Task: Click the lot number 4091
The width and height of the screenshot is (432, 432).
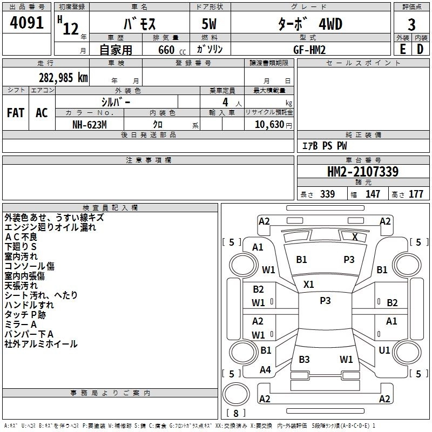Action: tap(27, 23)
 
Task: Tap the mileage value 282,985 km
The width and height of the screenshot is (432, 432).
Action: tap(63, 78)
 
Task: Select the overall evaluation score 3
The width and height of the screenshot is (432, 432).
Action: tap(411, 25)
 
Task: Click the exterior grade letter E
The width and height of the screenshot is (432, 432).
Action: tap(402, 49)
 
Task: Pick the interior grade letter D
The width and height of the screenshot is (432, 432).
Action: tap(420, 49)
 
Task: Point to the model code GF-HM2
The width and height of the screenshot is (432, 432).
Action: tap(309, 50)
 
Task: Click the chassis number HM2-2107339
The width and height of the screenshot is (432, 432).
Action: tap(363, 172)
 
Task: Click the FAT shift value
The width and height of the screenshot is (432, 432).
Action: tap(16, 113)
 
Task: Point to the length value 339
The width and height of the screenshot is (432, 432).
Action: tap(327, 194)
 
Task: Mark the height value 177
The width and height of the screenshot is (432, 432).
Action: tap(416, 194)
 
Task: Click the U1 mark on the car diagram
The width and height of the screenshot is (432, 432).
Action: tap(384, 350)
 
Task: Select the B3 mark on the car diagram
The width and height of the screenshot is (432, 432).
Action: tap(304, 359)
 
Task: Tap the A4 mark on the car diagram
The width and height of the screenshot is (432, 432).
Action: tap(265, 370)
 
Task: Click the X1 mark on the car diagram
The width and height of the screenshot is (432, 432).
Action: tap(309, 284)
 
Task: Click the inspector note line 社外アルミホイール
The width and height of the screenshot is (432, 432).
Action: tap(41, 344)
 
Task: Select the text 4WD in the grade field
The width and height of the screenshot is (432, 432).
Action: tap(330, 24)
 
